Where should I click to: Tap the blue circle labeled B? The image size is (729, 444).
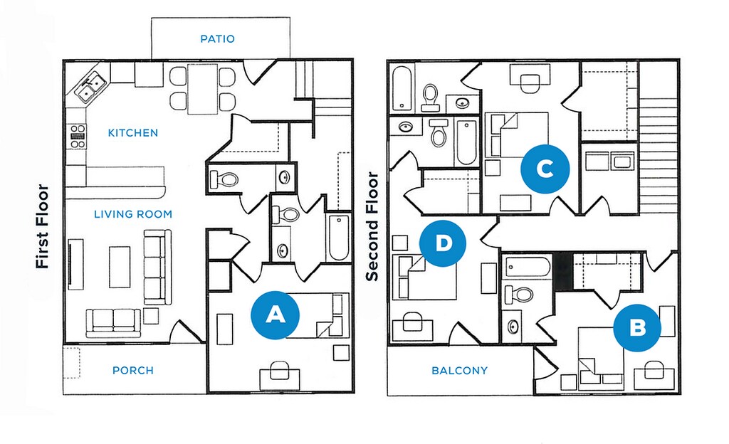point(638,327)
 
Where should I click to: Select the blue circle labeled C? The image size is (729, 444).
point(545,169)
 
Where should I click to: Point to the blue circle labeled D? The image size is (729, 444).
point(442,243)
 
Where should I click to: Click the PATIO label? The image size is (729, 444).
point(216,39)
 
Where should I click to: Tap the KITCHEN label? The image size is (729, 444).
point(132,132)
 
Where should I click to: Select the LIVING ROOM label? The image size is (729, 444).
point(133,213)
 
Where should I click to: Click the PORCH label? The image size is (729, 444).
point(132,370)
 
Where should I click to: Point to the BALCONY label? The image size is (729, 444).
point(459,370)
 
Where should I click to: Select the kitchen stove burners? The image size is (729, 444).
point(78,135)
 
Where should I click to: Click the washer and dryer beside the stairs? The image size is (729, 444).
point(610,162)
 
